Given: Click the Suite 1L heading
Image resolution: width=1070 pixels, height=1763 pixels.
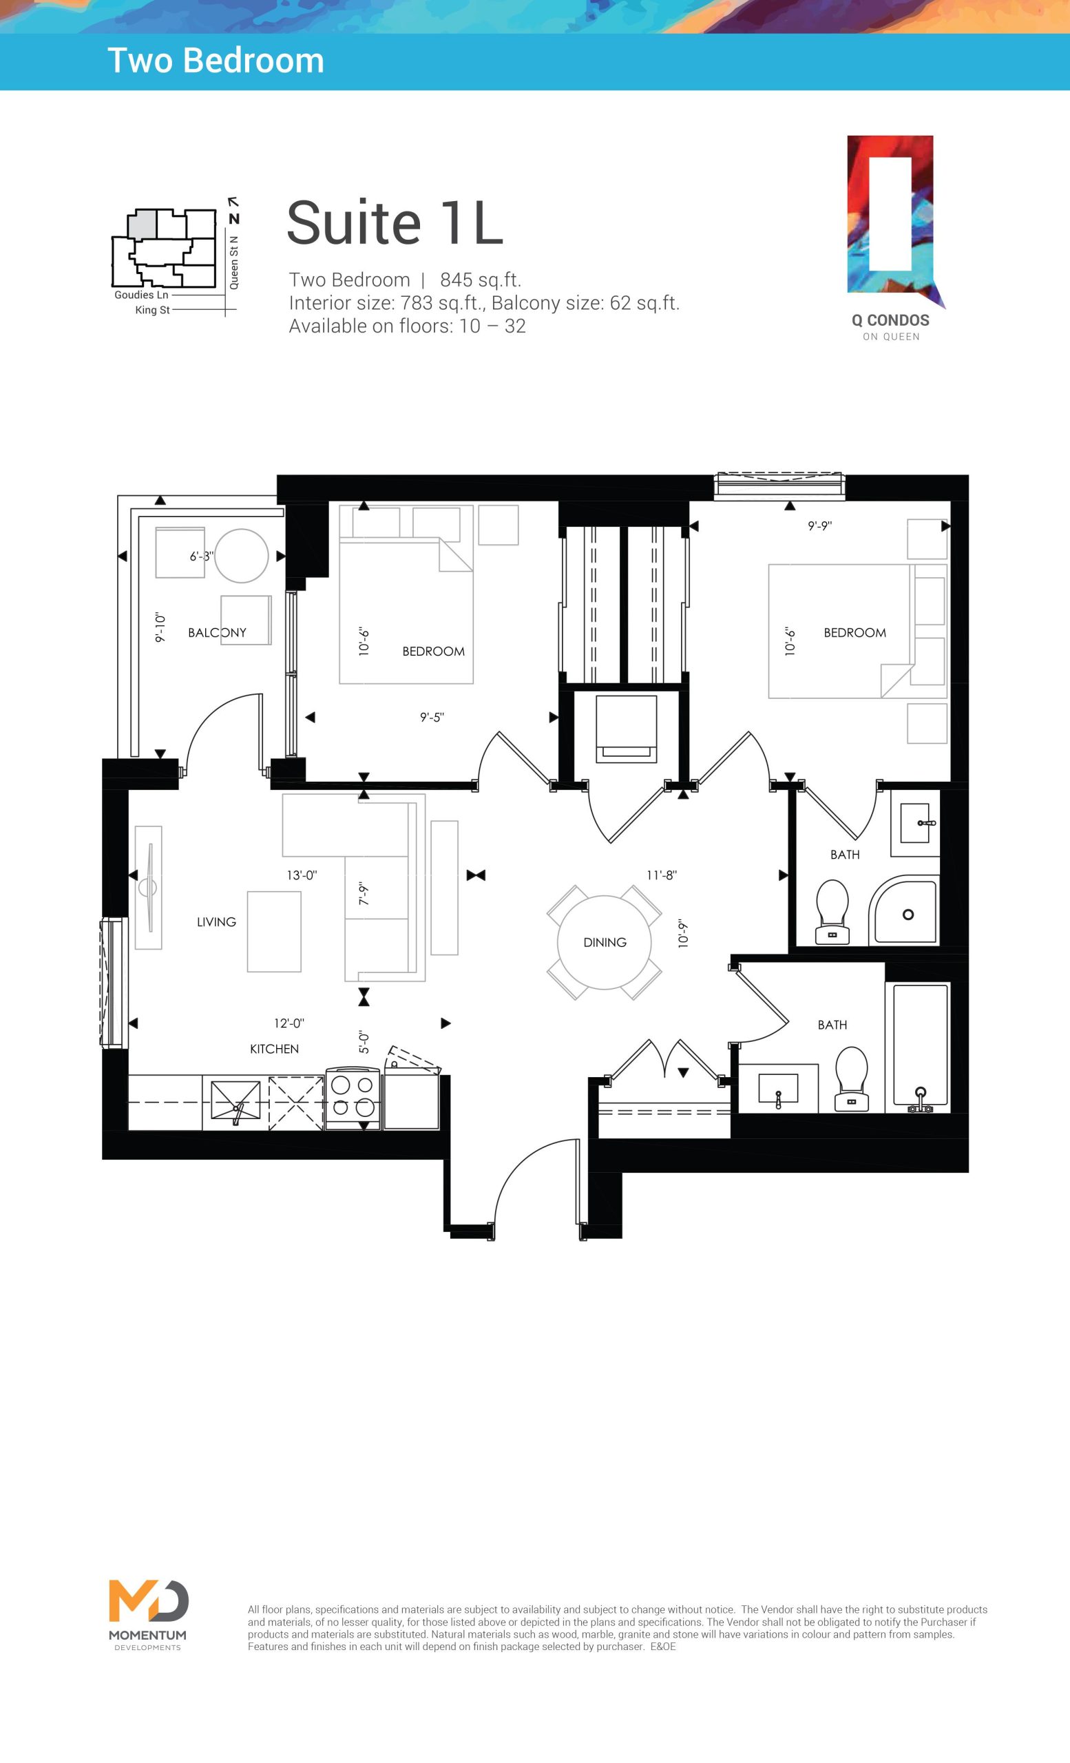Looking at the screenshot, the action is (x=395, y=222).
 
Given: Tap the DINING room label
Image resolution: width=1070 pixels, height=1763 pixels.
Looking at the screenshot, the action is (x=605, y=942).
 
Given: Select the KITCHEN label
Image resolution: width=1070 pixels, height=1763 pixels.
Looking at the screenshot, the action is (x=274, y=1049).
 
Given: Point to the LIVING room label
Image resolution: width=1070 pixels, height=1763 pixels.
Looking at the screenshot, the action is (x=216, y=922).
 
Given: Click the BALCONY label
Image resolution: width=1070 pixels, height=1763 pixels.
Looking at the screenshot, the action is (x=217, y=632).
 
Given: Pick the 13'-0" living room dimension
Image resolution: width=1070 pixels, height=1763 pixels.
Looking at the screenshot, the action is (x=301, y=875).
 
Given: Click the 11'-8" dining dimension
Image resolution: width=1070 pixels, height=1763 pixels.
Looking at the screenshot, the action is (x=662, y=875).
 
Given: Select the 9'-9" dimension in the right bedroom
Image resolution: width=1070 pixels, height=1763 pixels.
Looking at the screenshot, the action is (x=819, y=526).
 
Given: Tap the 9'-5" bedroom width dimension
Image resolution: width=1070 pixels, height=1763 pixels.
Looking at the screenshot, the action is (x=432, y=717).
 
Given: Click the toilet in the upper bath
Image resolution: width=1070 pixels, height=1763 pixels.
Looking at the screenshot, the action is (x=832, y=912).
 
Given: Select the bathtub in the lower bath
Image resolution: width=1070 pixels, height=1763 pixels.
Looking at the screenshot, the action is (x=920, y=1047).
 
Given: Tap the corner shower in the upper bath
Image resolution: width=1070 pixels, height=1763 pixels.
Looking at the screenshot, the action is (x=903, y=910).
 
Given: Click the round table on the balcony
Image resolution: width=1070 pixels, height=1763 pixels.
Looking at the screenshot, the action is (x=241, y=556).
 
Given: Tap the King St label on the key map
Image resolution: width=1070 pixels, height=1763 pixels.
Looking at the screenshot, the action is (x=152, y=310).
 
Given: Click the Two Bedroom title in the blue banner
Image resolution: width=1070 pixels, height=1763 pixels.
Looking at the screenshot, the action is (x=216, y=61).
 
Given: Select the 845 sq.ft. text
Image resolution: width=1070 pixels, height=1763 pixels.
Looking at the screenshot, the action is (x=481, y=280).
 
